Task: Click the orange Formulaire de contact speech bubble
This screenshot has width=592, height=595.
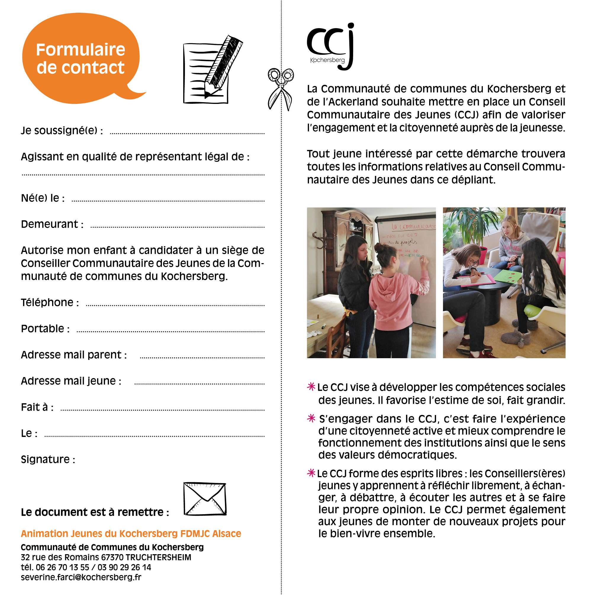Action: point(81,58)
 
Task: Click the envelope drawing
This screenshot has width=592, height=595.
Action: point(205,499)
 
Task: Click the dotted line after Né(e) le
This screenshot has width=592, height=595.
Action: point(168,201)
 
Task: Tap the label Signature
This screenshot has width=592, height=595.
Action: point(48,459)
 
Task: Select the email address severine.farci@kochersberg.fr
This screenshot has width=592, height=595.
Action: point(81,577)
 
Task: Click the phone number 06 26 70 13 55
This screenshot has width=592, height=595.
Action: point(62,567)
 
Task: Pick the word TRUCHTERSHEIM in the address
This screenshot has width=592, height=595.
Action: point(158,557)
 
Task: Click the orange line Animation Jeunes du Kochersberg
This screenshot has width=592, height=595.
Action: point(131,533)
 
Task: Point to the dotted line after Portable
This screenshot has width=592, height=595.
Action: point(170,332)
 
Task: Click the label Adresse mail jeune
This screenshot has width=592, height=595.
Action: point(71,381)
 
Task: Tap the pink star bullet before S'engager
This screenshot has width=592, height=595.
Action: point(311,418)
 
